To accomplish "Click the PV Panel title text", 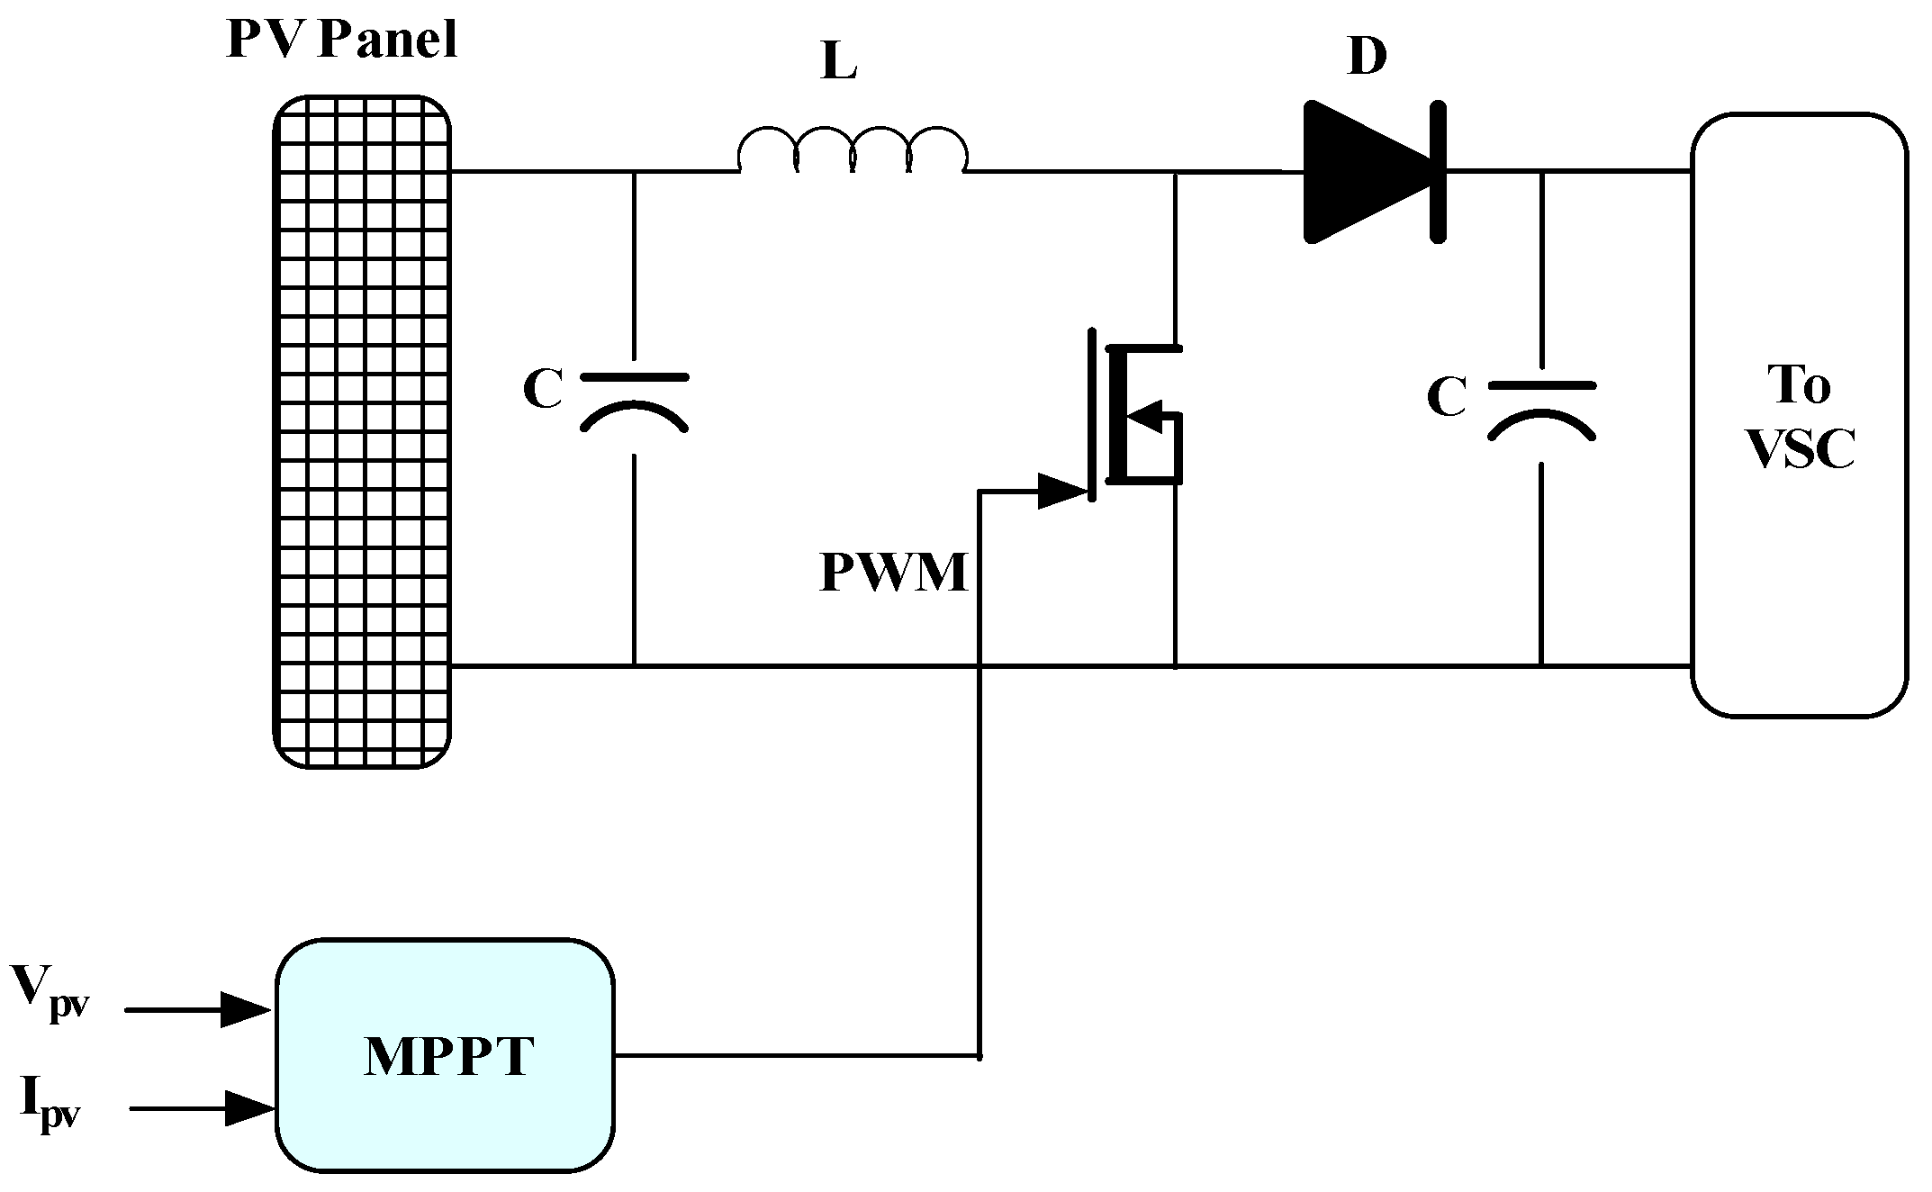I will click(x=342, y=40).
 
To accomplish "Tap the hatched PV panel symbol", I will click(x=361, y=432).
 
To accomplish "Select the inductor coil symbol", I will click(x=852, y=151).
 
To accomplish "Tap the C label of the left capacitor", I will click(x=543, y=391).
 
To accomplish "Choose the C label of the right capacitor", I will click(x=1447, y=398).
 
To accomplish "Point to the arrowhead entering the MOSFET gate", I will click(x=1063, y=492).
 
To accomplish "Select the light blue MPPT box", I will click(x=445, y=1054).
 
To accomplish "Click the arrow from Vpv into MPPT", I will click(x=198, y=1009).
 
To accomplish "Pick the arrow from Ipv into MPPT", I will click(x=202, y=1108).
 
